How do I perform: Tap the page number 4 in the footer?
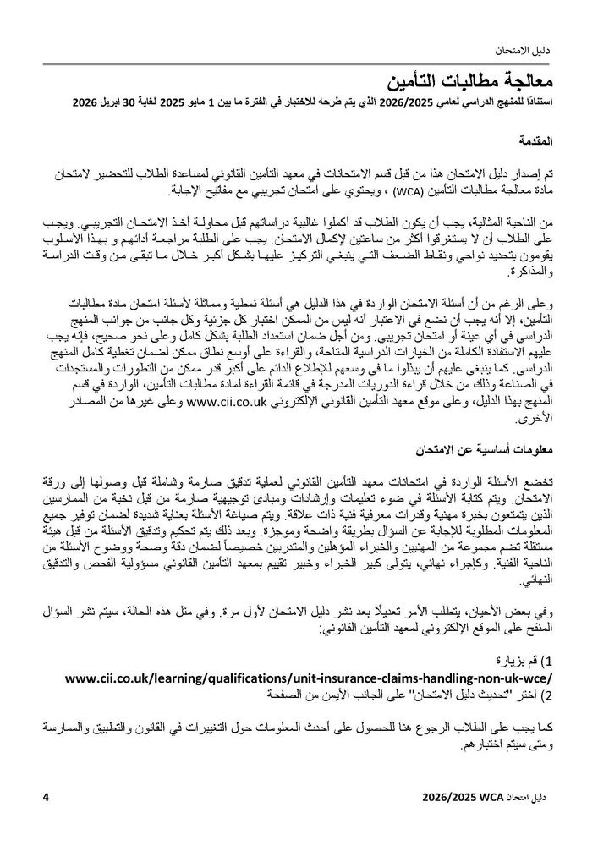(x=47, y=796)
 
